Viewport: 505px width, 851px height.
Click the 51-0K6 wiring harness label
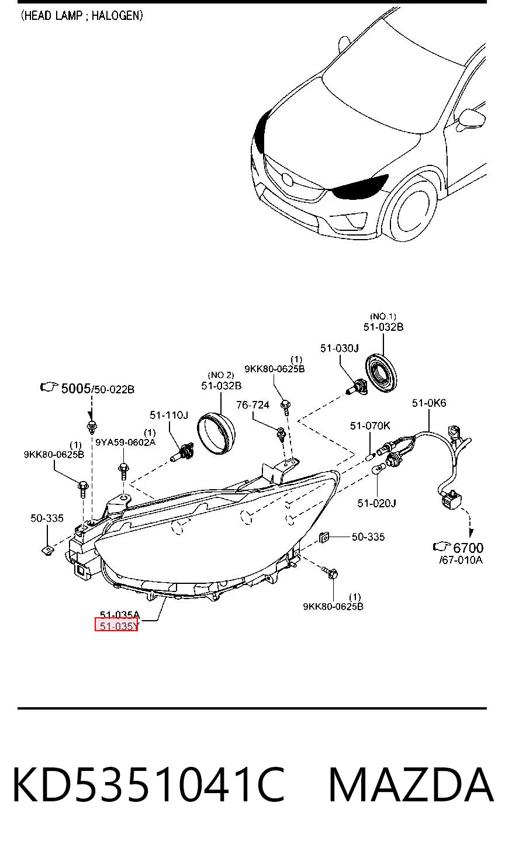pos(429,403)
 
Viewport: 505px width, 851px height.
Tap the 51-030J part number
pos(339,348)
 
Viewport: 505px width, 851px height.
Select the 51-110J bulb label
pos(169,415)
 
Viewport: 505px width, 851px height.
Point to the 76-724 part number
pos(252,405)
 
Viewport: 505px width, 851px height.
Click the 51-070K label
pos(370,426)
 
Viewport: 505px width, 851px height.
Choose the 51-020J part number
pos(376,503)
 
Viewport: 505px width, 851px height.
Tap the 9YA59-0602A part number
pos(125,442)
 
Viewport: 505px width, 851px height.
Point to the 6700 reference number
pos(468,548)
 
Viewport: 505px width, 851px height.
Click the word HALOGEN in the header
pos(116,16)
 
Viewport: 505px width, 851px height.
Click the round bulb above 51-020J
pos(376,471)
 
